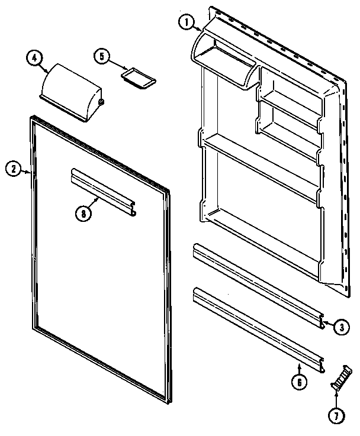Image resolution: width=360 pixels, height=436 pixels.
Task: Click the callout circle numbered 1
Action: pos(187,22)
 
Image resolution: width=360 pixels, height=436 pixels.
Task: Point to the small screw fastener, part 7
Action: pos(338,377)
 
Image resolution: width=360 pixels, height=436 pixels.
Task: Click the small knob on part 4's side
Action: pos(102,102)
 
